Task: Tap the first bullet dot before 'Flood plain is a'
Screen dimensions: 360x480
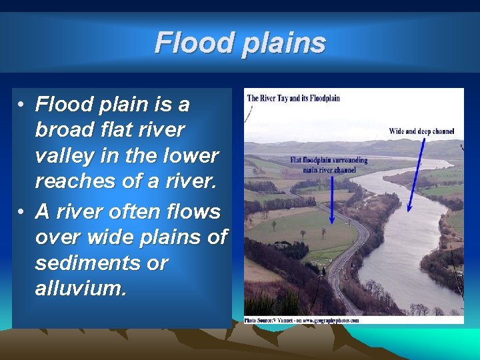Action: (22, 105)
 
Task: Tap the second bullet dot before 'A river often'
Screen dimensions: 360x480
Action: (22, 212)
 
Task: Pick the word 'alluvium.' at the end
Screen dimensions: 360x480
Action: (80, 289)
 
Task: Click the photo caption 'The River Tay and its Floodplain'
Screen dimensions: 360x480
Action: (293, 98)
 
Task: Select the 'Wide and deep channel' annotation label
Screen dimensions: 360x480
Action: (421, 132)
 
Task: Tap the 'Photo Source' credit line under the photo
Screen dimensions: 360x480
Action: (301, 320)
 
